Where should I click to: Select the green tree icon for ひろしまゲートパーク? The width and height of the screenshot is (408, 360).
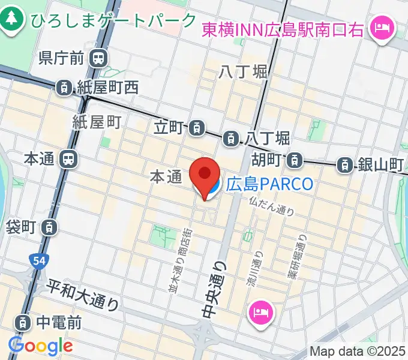point(11,20)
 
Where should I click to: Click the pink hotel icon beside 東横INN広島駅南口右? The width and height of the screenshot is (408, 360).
point(380,28)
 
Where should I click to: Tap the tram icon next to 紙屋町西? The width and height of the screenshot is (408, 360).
point(63,88)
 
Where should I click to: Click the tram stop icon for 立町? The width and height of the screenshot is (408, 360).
point(196,127)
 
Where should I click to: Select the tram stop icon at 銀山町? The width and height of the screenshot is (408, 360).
point(344,164)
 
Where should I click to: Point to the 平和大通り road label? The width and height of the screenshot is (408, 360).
point(83,296)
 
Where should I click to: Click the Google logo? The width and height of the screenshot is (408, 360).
point(40,346)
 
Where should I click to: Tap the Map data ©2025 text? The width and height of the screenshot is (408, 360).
point(357,351)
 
